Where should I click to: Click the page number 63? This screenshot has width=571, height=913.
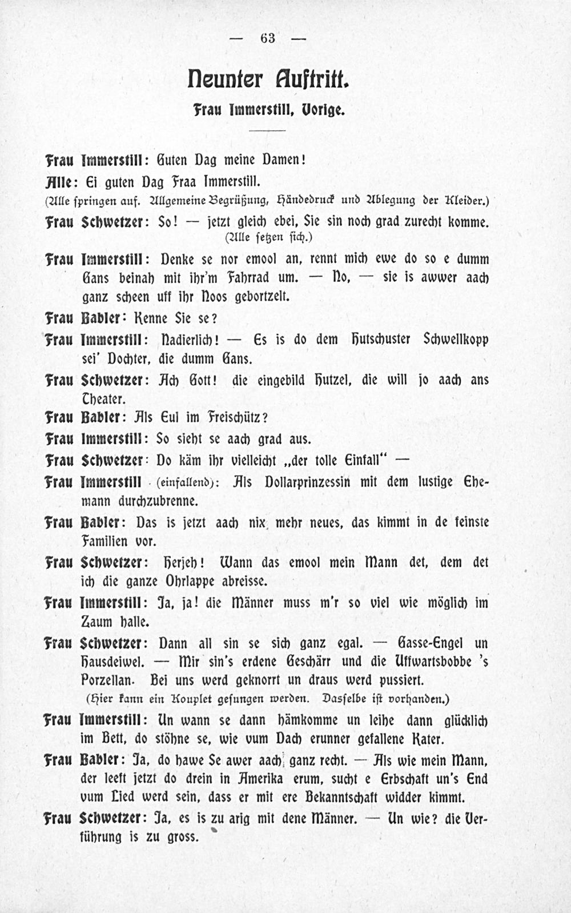pos(268,38)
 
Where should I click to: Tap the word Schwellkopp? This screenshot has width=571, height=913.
pos(456,339)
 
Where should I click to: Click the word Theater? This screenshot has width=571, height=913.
pos(103,398)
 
